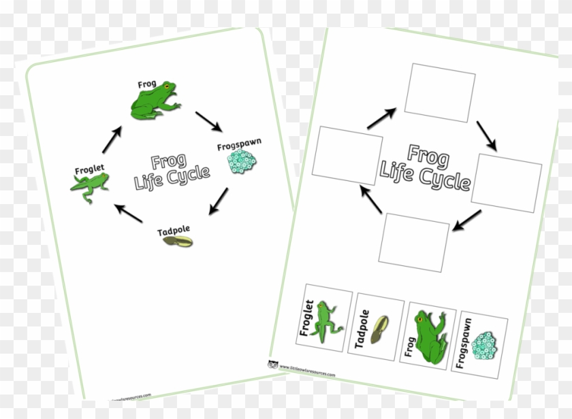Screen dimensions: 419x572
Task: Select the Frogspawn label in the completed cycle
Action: (x=239, y=146)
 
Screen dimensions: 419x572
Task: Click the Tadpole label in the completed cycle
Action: (x=172, y=232)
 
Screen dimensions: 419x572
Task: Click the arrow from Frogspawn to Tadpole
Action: (x=219, y=201)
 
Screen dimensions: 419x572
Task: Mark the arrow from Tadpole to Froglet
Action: (x=127, y=213)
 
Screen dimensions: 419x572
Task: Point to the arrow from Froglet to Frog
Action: (x=112, y=139)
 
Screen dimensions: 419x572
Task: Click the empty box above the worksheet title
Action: (x=439, y=93)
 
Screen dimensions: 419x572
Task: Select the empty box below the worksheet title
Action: (x=414, y=242)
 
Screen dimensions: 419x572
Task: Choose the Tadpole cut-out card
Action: (x=378, y=326)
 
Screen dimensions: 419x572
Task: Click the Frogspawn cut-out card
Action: (x=481, y=344)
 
